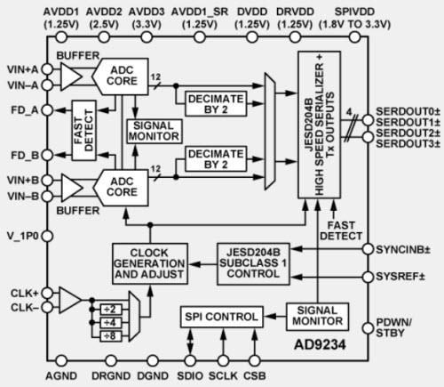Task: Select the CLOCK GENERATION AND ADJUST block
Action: [149, 262]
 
